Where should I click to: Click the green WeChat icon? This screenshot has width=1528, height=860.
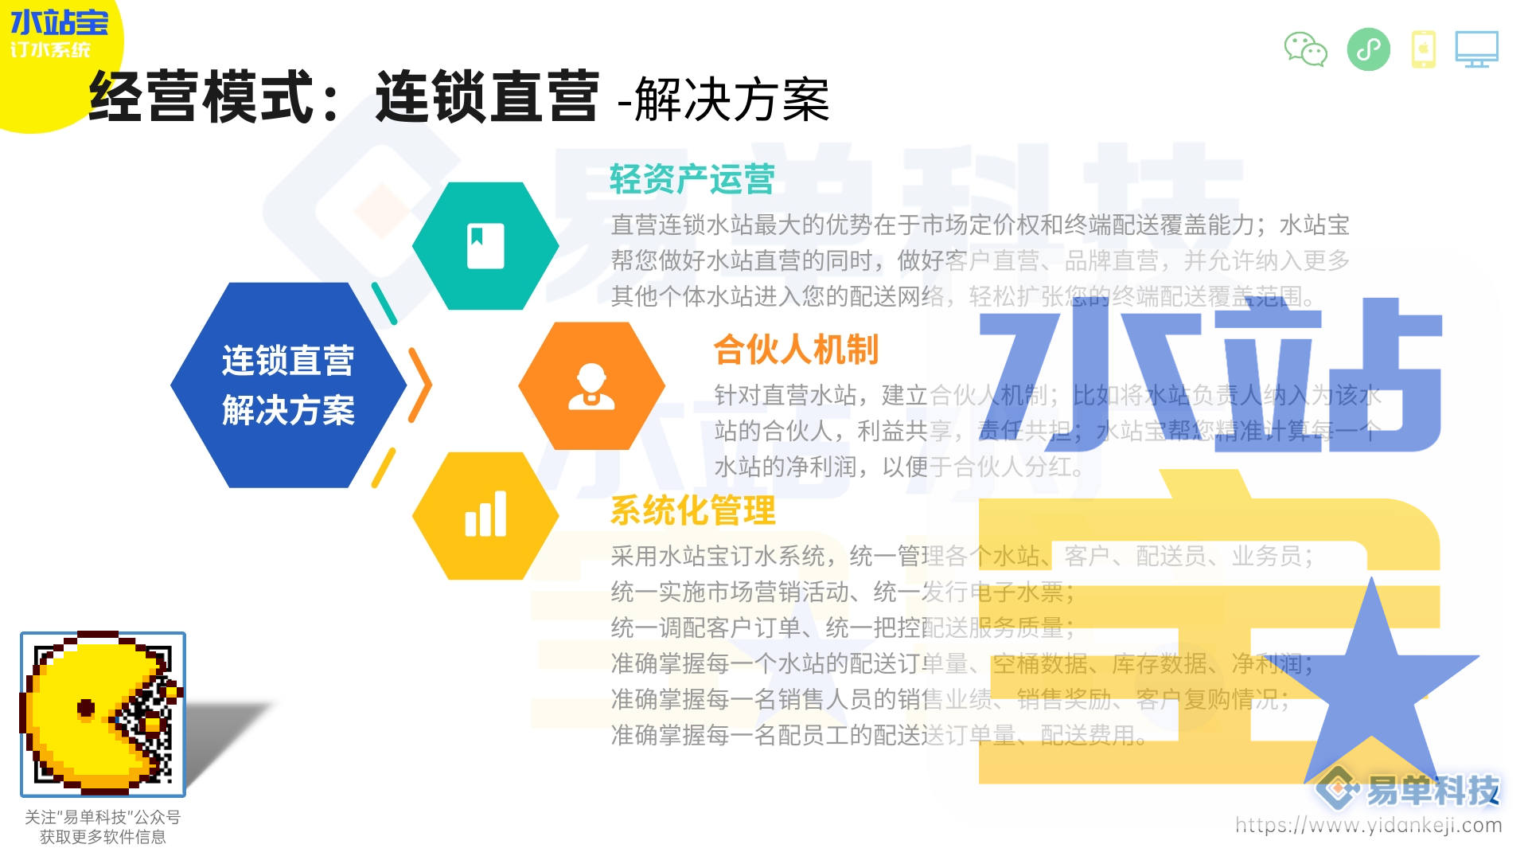[x=1305, y=49]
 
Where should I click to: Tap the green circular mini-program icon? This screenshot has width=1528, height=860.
[x=1368, y=49]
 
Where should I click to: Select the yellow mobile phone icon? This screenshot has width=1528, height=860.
[x=1423, y=49]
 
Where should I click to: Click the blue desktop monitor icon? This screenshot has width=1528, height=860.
[x=1476, y=49]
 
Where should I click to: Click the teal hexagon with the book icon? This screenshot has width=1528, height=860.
[x=485, y=246]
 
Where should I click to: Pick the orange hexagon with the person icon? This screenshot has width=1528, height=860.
[x=591, y=386]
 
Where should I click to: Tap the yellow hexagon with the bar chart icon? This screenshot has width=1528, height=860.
[x=485, y=516]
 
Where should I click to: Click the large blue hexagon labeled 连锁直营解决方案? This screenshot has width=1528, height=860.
[x=288, y=385]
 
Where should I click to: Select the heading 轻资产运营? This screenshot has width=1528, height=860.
[x=692, y=179]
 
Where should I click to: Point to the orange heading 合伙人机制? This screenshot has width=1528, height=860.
[x=796, y=350]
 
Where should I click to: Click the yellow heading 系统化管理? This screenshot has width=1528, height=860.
[x=692, y=510]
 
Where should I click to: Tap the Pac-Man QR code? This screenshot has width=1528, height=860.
[x=103, y=714]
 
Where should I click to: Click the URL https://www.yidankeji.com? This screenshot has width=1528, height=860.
[x=1368, y=825]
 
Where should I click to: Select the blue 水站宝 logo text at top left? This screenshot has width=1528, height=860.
[x=59, y=22]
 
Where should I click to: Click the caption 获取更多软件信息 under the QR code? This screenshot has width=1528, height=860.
[x=103, y=837]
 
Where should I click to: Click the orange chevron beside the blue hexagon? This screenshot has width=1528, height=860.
[x=420, y=385]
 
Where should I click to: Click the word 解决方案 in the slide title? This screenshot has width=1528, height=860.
[x=732, y=101]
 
